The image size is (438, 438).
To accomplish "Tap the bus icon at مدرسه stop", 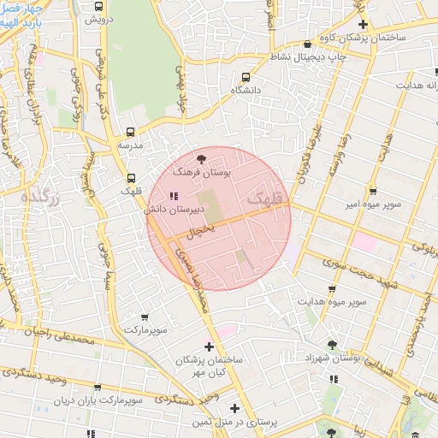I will pyautogui.click(x=130, y=132).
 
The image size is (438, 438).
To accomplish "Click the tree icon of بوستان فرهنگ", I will pyautogui.click(x=201, y=158).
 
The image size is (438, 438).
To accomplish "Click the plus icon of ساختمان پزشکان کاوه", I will pyautogui.click(x=363, y=25).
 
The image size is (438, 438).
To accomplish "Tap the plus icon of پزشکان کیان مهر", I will pyautogui.click(x=210, y=346).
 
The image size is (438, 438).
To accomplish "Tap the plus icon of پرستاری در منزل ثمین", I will pyautogui.click(x=234, y=408).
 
